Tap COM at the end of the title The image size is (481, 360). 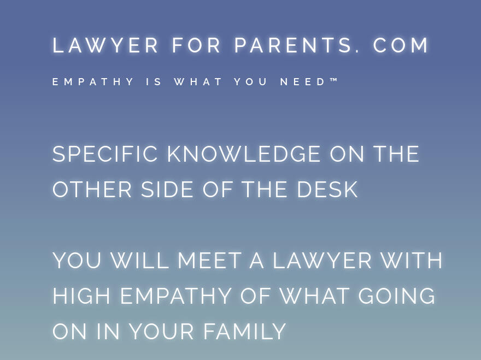tap(402, 45)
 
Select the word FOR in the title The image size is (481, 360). tap(197, 45)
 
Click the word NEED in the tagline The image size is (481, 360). tap(303, 82)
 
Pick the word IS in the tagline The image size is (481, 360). tap(155, 82)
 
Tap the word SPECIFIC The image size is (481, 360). tap(105, 154)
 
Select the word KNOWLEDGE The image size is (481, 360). tap(244, 154)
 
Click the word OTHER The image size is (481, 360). tap(92, 190)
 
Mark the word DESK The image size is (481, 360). tap(327, 190)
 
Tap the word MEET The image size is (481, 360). tap(209, 261)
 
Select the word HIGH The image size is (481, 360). tap(82, 296)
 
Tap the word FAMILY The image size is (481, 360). tap(245, 332)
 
